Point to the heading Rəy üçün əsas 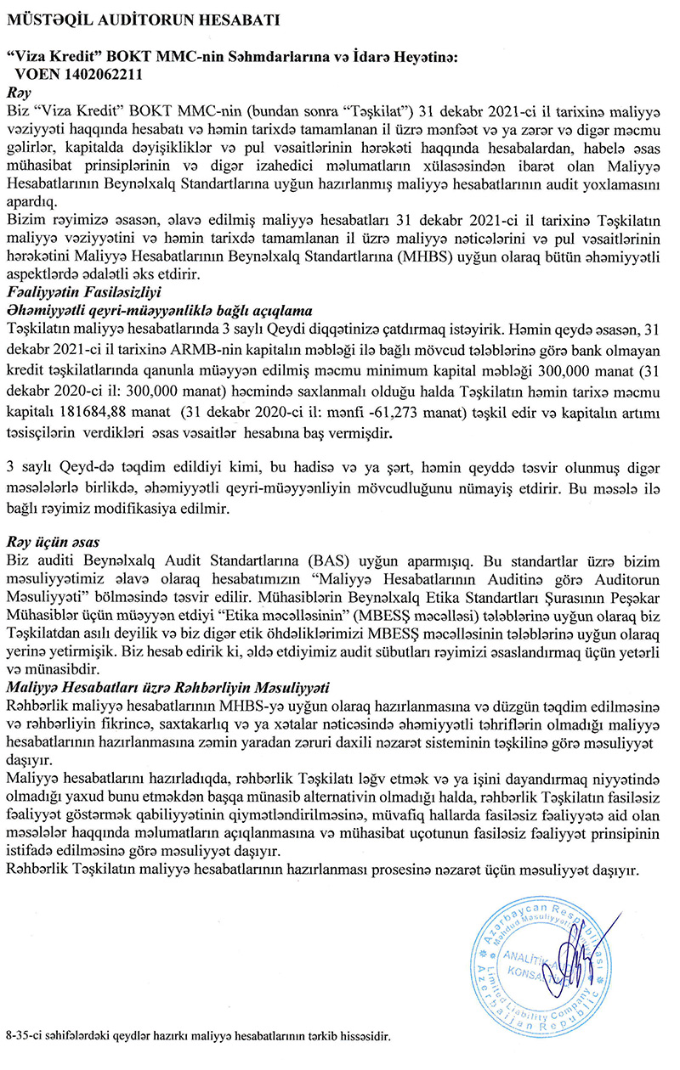point(53,541)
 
